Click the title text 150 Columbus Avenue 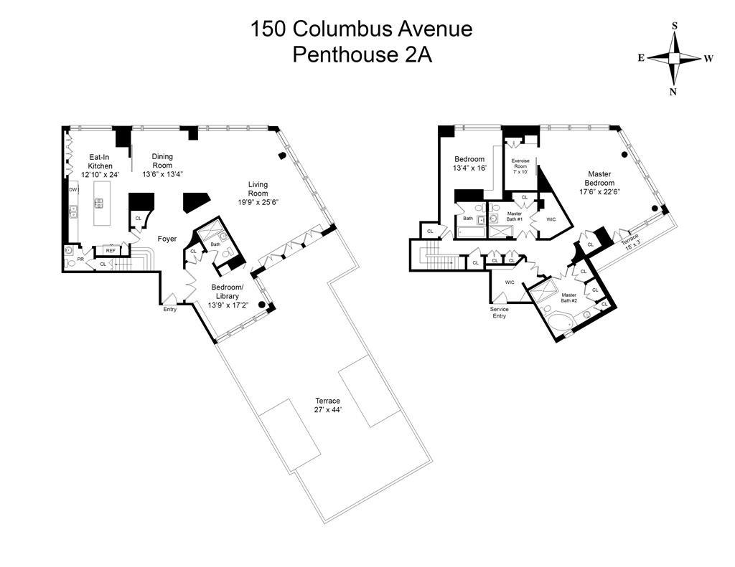[361, 29]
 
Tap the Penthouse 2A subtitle [361, 55]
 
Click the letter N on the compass [674, 91]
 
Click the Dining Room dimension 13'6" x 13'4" [162, 174]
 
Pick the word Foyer [167, 239]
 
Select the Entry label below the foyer [170, 309]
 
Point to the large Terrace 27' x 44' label [327, 405]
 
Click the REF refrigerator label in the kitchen [111, 250]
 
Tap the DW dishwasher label [72, 189]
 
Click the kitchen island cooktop [99, 203]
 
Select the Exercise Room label [520, 166]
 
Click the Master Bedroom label [599, 182]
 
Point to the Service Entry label [499, 312]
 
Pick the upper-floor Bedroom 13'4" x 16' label [469, 163]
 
